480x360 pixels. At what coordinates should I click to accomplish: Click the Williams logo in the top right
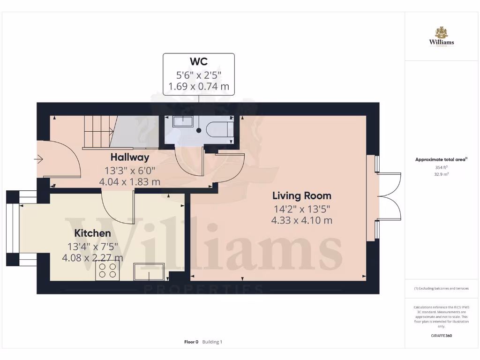point(441,37)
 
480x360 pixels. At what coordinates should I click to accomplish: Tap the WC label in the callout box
point(198,62)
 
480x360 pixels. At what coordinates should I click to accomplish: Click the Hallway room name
point(129,157)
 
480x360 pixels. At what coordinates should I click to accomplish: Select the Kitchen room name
point(92,233)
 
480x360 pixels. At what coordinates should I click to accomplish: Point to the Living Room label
point(302,195)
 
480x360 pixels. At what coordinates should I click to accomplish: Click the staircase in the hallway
point(98,132)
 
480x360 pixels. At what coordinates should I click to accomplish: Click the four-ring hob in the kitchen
point(107,270)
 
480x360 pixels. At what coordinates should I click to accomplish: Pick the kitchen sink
point(149,272)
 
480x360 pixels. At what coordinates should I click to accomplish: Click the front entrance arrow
point(38,160)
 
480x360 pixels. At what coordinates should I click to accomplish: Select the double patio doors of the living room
point(389,196)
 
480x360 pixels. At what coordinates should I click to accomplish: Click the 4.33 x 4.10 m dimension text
point(302,220)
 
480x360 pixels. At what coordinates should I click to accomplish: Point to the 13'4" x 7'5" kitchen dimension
point(92,246)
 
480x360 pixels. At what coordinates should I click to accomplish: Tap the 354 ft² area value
point(441,167)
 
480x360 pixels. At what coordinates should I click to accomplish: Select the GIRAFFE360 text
point(441,336)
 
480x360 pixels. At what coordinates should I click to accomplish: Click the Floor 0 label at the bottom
point(191,342)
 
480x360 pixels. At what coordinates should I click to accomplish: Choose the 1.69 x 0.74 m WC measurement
point(198,86)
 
